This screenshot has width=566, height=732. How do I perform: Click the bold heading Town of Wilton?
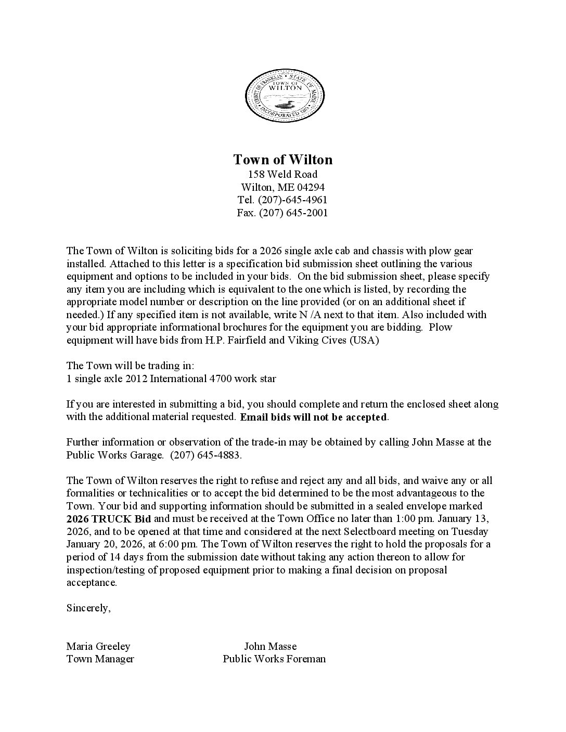282,159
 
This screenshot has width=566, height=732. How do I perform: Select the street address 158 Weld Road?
282,174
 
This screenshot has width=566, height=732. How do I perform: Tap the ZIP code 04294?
311,187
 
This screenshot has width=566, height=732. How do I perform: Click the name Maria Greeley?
98,646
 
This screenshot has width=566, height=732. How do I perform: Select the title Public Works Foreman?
274,659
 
